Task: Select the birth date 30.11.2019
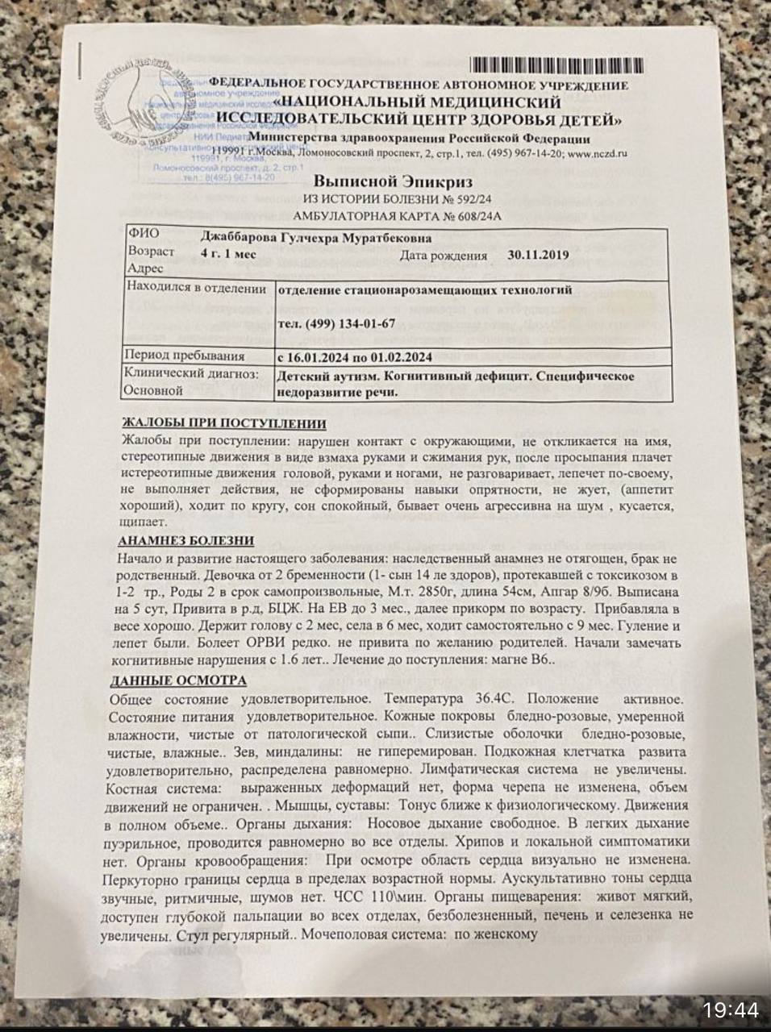(x=539, y=255)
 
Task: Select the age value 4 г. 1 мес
(x=228, y=253)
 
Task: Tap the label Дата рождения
(x=444, y=256)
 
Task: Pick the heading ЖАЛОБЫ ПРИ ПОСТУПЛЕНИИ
(x=223, y=423)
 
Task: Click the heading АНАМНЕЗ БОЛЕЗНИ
(x=186, y=541)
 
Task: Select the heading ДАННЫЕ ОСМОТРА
(x=178, y=680)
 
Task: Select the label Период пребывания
(x=185, y=356)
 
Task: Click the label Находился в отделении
(x=197, y=289)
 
